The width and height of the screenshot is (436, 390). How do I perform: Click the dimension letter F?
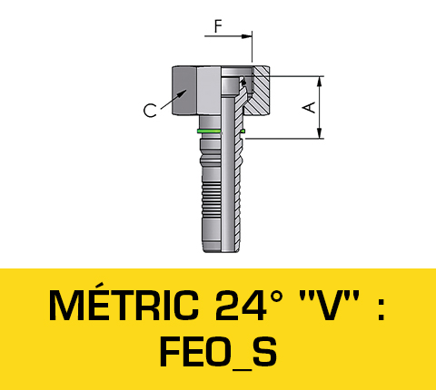point(217,26)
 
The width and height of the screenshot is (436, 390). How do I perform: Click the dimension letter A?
point(310,107)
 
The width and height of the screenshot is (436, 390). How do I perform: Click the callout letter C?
point(149,112)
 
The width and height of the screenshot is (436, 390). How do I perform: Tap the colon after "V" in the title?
point(381,307)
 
